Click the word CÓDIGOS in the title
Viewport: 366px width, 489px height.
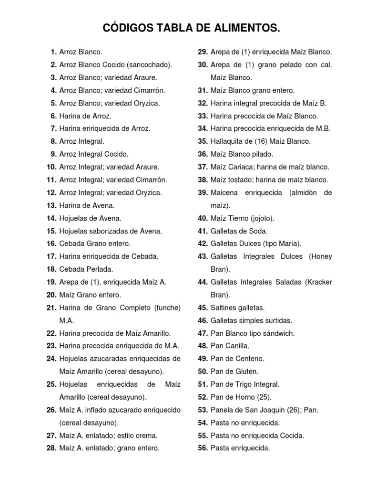click(126, 29)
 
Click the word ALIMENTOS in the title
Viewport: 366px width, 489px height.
click(247, 29)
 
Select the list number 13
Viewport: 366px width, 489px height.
click(51, 205)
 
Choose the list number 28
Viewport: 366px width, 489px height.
click(51, 448)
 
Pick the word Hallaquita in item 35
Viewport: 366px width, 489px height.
click(226, 141)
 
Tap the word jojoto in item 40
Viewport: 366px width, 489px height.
click(262, 218)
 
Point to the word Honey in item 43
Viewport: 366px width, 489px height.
click(321, 256)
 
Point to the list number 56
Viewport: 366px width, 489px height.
click(203, 448)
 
